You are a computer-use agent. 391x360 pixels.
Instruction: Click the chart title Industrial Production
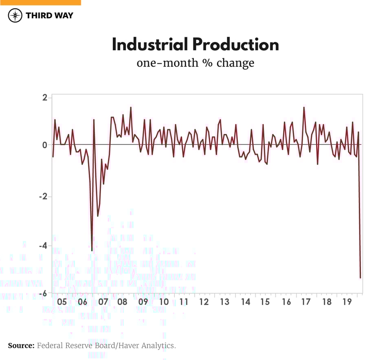tap(195, 44)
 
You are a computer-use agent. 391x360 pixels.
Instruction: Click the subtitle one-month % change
tap(195, 64)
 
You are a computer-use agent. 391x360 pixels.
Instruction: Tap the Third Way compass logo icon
tap(15, 15)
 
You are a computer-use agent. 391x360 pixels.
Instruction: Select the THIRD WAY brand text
tap(49, 15)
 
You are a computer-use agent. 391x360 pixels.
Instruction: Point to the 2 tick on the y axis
tap(44, 98)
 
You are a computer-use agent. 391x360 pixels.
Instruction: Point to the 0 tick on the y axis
tap(44, 145)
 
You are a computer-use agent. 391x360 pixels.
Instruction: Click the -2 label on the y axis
tap(43, 197)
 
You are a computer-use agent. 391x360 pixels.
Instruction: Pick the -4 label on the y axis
tap(43, 246)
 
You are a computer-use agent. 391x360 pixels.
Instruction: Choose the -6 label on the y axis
tap(43, 293)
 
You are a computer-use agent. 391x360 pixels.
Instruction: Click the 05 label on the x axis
tap(62, 302)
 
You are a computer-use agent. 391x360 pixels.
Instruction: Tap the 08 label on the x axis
tap(122, 302)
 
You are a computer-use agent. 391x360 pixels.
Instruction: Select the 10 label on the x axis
tap(164, 302)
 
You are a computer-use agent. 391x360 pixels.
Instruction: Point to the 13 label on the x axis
tap(224, 302)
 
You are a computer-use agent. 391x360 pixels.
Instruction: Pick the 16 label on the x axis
tap(287, 302)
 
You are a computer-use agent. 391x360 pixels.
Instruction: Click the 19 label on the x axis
tap(347, 302)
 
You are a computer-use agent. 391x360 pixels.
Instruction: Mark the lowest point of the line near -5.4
tap(360, 278)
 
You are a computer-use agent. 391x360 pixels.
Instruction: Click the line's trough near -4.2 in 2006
tap(92, 250)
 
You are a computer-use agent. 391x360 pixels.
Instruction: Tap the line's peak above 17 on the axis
tap(304, 108)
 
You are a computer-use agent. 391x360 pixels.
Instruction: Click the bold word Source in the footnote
tap(21, 346)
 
